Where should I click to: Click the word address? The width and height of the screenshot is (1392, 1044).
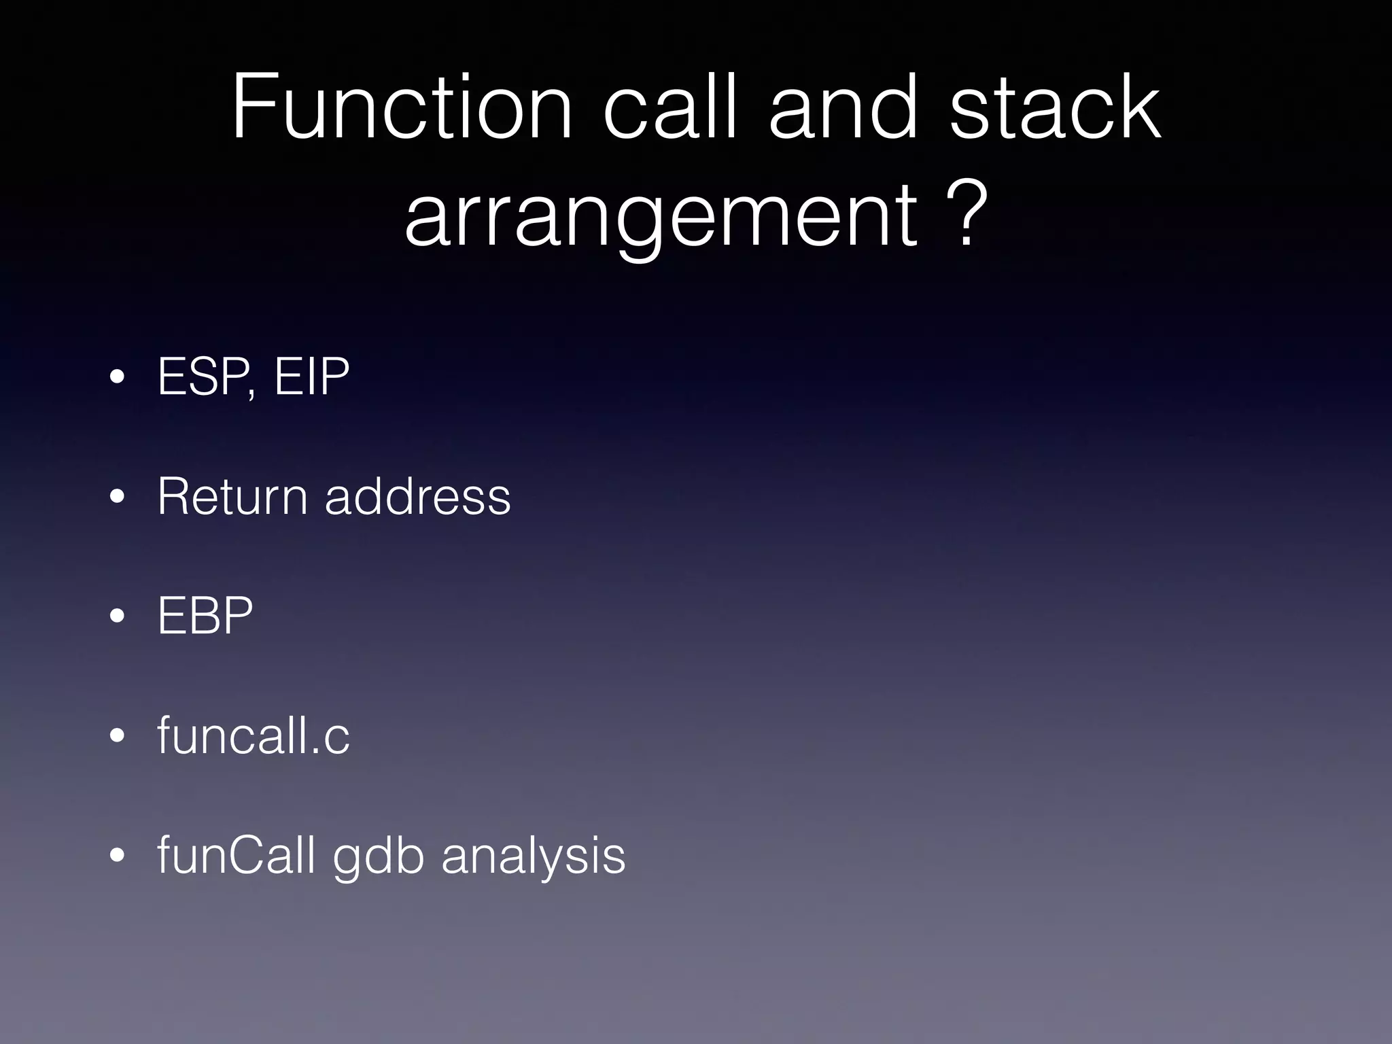pos(417,496)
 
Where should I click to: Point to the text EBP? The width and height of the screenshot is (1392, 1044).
pos(205,616)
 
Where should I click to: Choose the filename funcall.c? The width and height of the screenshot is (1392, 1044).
pos(253,735)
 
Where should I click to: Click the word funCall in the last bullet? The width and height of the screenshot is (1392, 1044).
pos(236,855)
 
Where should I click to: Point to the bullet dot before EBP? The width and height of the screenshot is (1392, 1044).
pos(117,616)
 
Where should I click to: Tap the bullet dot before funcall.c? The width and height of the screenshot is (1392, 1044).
pos(117,736)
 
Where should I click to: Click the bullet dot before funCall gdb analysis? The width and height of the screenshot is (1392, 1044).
pos(117,856)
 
